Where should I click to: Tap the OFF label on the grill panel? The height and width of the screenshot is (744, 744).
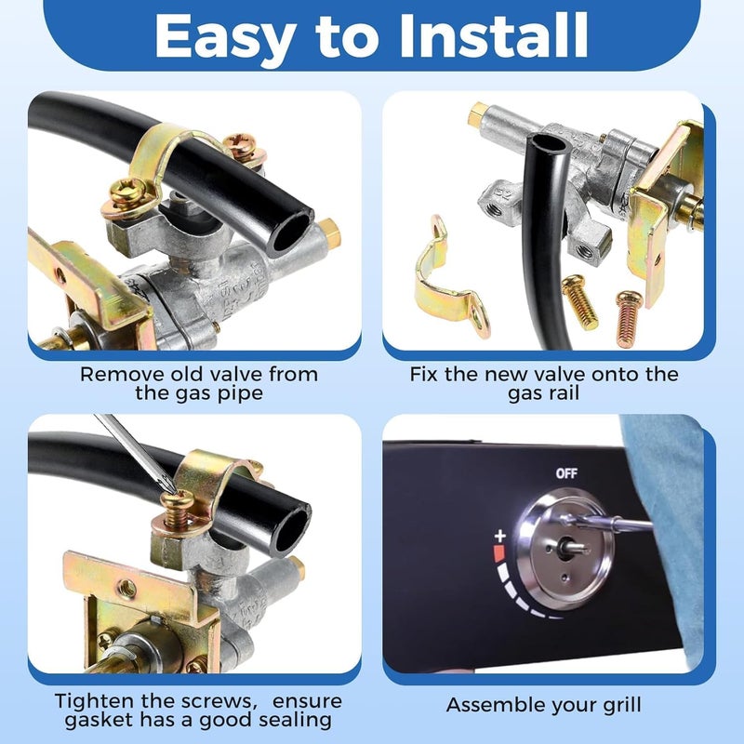[x=566, y=473]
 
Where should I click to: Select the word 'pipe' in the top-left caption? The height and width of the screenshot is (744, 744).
[x=234, y=395]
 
